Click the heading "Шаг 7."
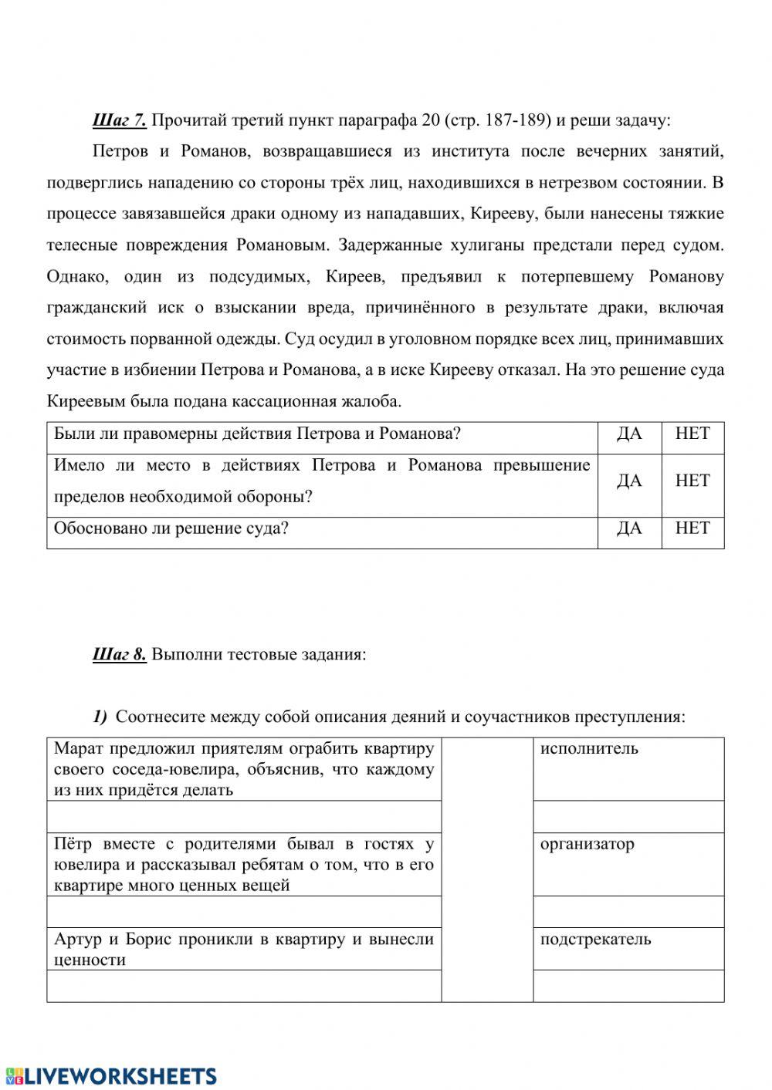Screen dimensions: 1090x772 (x=119, y=120)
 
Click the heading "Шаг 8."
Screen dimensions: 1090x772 (x=119, y=655)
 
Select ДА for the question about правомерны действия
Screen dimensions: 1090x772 (x=629, y=434)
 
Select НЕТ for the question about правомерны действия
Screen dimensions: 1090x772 (x=692, y=434)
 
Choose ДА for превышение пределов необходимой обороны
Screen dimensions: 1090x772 (x=629, y=481)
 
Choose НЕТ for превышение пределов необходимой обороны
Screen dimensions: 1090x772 (x=692, y=481)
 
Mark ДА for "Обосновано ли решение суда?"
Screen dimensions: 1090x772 (x=629, y=528)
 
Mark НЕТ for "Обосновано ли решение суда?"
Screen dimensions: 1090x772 (x=692, y=528)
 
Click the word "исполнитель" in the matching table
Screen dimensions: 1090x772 (x=588, y=748)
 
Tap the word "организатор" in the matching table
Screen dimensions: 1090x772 (x=587, y=844)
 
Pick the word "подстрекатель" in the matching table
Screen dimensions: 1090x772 (x=595, y=940)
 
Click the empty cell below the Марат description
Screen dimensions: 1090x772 (x=244, y=817)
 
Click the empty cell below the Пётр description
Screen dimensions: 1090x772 (x=244, y=912)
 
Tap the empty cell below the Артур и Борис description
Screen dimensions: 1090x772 (x=244, y=986)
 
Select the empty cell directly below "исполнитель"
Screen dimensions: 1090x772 (x=628, y=817)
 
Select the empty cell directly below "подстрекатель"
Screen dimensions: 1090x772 (x=628, y=986)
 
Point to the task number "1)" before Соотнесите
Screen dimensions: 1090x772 (x=100, y=717)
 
